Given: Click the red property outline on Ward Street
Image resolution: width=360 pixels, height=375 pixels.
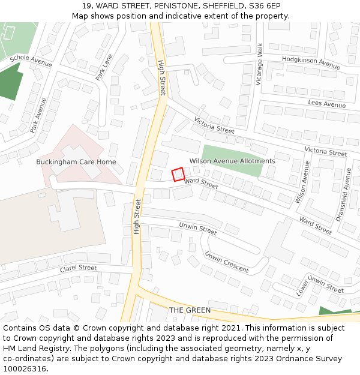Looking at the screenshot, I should coord(178,175).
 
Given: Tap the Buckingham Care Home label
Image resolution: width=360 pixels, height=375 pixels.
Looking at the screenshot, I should coord(76,162).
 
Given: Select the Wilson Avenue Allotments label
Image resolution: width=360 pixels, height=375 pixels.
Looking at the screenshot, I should coord(232,161).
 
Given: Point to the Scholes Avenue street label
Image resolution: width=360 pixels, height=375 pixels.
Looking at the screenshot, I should coord(31,61).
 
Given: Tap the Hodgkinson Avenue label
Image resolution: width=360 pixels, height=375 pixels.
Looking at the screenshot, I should coord(311,62).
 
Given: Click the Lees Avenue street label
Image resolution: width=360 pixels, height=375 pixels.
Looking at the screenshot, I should coord(327,104).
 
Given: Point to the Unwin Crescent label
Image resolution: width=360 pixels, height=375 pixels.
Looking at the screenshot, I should coord(226,262).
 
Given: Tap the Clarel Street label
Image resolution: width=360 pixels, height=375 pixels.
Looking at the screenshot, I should coord(78,268).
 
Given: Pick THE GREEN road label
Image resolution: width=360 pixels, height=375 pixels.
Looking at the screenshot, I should coord(190,310).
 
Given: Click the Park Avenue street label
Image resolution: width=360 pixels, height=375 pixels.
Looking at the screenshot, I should coord(38,115).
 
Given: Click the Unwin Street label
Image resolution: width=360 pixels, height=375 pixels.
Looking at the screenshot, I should coord(198,228).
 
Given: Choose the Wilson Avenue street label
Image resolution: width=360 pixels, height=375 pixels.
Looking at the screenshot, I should coord(302,182).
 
